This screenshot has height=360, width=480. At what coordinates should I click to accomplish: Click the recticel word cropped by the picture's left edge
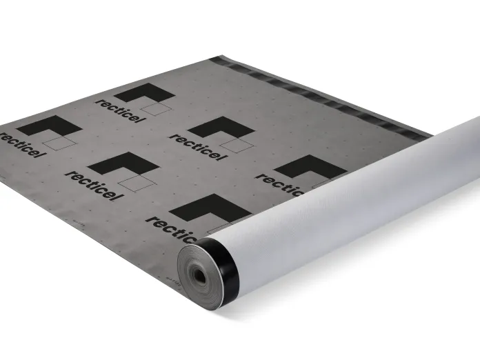point(21,145)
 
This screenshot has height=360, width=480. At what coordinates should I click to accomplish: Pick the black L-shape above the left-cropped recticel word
point(50,126)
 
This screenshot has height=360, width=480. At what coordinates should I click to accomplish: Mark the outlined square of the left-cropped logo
point(59,143)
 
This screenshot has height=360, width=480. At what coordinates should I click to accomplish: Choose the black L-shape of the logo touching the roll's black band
point(210,208)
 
